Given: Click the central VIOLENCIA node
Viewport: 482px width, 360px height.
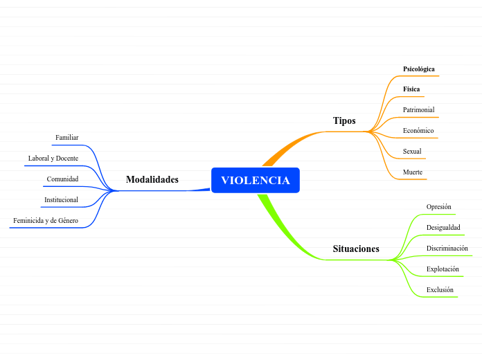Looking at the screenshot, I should (255, 180).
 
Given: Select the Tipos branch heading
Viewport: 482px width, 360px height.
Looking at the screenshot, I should (344, 120).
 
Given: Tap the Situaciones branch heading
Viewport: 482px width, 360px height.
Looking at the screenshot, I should (356, 249).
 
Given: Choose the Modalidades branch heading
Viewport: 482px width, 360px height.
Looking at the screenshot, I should (152, 179).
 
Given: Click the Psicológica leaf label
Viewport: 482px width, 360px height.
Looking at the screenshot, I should (419, 69).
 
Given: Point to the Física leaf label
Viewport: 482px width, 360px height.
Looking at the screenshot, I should (411, 89).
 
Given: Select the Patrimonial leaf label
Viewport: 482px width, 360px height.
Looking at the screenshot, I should (419, 109).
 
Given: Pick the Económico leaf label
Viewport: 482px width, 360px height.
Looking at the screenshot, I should (418, 130).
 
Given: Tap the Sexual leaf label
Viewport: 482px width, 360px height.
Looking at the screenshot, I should (412, 151).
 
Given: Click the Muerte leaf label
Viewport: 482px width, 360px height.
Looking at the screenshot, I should (413, 172).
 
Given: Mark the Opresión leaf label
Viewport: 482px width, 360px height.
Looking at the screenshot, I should (438, 206).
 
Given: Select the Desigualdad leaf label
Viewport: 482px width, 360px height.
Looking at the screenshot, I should (443, 227).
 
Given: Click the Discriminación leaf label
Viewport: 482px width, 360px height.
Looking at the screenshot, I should (447, 248).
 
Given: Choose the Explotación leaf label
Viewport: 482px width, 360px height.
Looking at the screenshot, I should (443, 269).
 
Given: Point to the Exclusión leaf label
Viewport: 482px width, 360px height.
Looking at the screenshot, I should (440, 289).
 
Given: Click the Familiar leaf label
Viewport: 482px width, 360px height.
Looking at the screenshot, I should (66, 138).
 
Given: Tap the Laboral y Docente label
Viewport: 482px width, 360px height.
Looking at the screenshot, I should (53, 159).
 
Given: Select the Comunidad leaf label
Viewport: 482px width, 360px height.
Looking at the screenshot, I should (62, 179).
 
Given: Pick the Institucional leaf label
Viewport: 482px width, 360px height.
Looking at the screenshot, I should (61, 200).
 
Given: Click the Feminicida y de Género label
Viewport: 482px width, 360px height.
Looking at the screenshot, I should (46, 221).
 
